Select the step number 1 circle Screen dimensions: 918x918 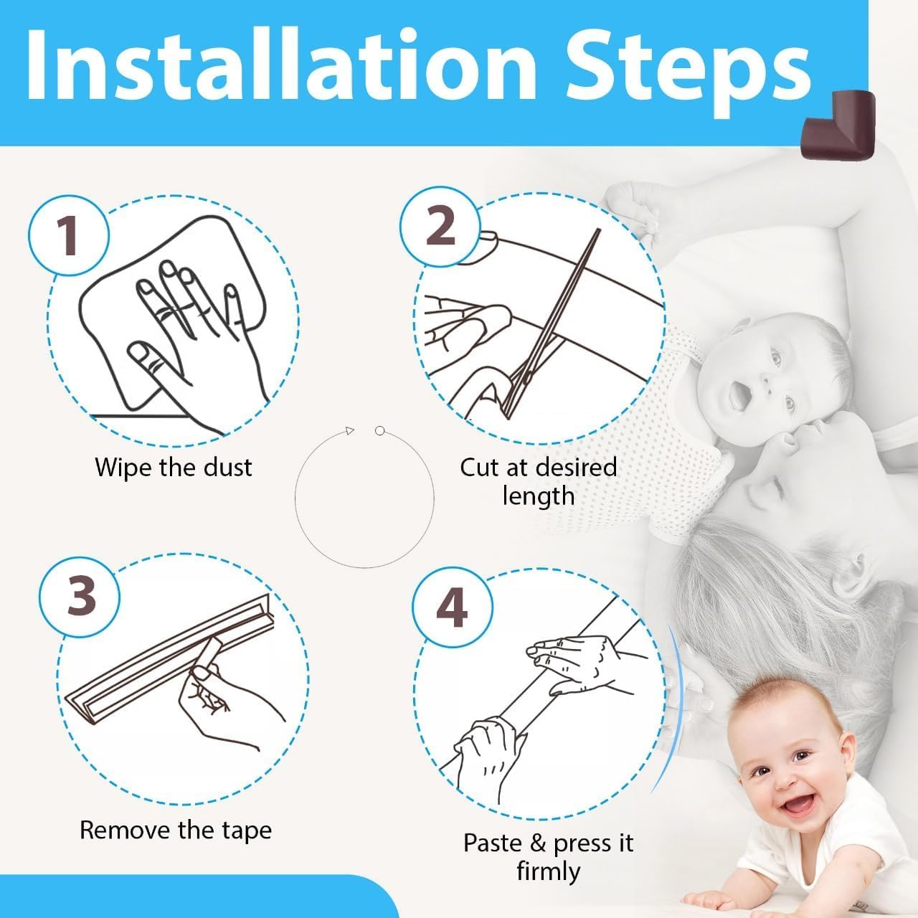[69, 235]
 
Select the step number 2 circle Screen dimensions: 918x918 [440, 225]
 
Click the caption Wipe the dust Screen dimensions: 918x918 [174, 468]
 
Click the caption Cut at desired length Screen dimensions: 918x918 [538, 481]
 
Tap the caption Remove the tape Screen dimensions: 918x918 [176, 830]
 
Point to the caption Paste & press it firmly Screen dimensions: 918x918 [548, 856]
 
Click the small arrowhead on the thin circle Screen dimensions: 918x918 [349, 430]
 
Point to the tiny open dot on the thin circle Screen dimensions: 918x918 [380, 430]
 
